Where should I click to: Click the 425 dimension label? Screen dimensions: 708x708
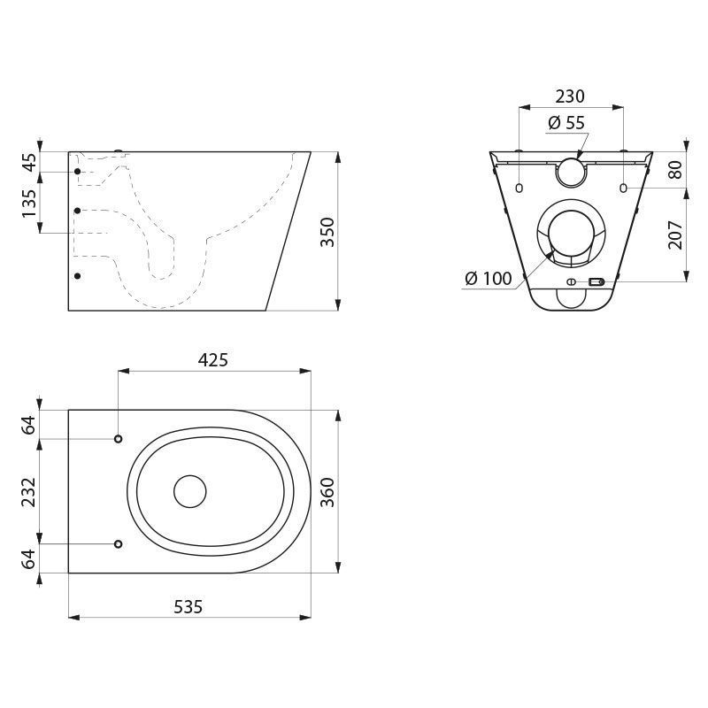click(213, 360)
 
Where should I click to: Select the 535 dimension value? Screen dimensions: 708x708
click(189, 607)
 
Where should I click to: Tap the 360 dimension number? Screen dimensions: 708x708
click(327, 492)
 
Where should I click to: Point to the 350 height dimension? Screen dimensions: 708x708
click(327, 232)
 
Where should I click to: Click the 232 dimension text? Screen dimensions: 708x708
click(29, 492)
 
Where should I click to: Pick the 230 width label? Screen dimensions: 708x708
click(570, 96)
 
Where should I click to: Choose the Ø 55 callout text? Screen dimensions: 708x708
click(566, 122)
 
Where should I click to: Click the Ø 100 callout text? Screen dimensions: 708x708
click(489, 278)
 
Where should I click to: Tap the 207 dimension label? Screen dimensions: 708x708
click(676, 235)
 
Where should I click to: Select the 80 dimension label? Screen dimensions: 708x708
click(676, 169)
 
